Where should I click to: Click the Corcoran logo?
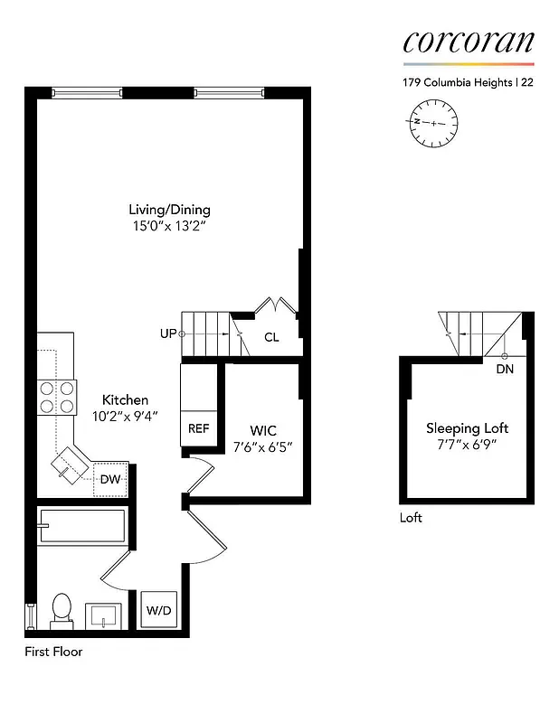[469, 42]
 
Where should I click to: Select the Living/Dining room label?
[169, 210]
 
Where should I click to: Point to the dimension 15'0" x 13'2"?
[169, 226]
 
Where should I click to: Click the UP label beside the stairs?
[167, 333]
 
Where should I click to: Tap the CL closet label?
[271, 337]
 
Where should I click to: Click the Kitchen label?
[125, 399]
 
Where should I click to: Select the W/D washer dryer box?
[159, 611]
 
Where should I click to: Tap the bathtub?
[81, 526]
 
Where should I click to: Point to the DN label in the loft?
[505, 369]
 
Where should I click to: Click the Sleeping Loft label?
[468, 428]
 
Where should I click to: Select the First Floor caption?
[53, 651]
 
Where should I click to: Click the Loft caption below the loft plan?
[411, 518]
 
